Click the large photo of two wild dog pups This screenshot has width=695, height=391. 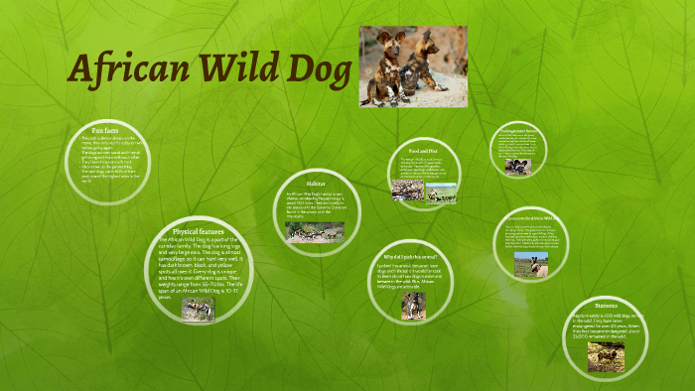point(412,66)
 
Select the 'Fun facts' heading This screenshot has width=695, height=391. point(104,130)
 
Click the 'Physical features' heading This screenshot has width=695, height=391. point(199,230)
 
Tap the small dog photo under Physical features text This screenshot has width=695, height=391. point(199,310)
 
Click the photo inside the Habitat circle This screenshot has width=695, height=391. point(315,232)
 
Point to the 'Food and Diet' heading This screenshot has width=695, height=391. point(424,151)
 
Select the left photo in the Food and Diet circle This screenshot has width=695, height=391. point(408,190)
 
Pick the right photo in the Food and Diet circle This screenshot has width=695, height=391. point(442,192)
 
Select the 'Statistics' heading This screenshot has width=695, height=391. point(605,306)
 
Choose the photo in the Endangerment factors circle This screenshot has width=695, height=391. point(517,165)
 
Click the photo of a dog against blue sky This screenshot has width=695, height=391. point(530,264)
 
